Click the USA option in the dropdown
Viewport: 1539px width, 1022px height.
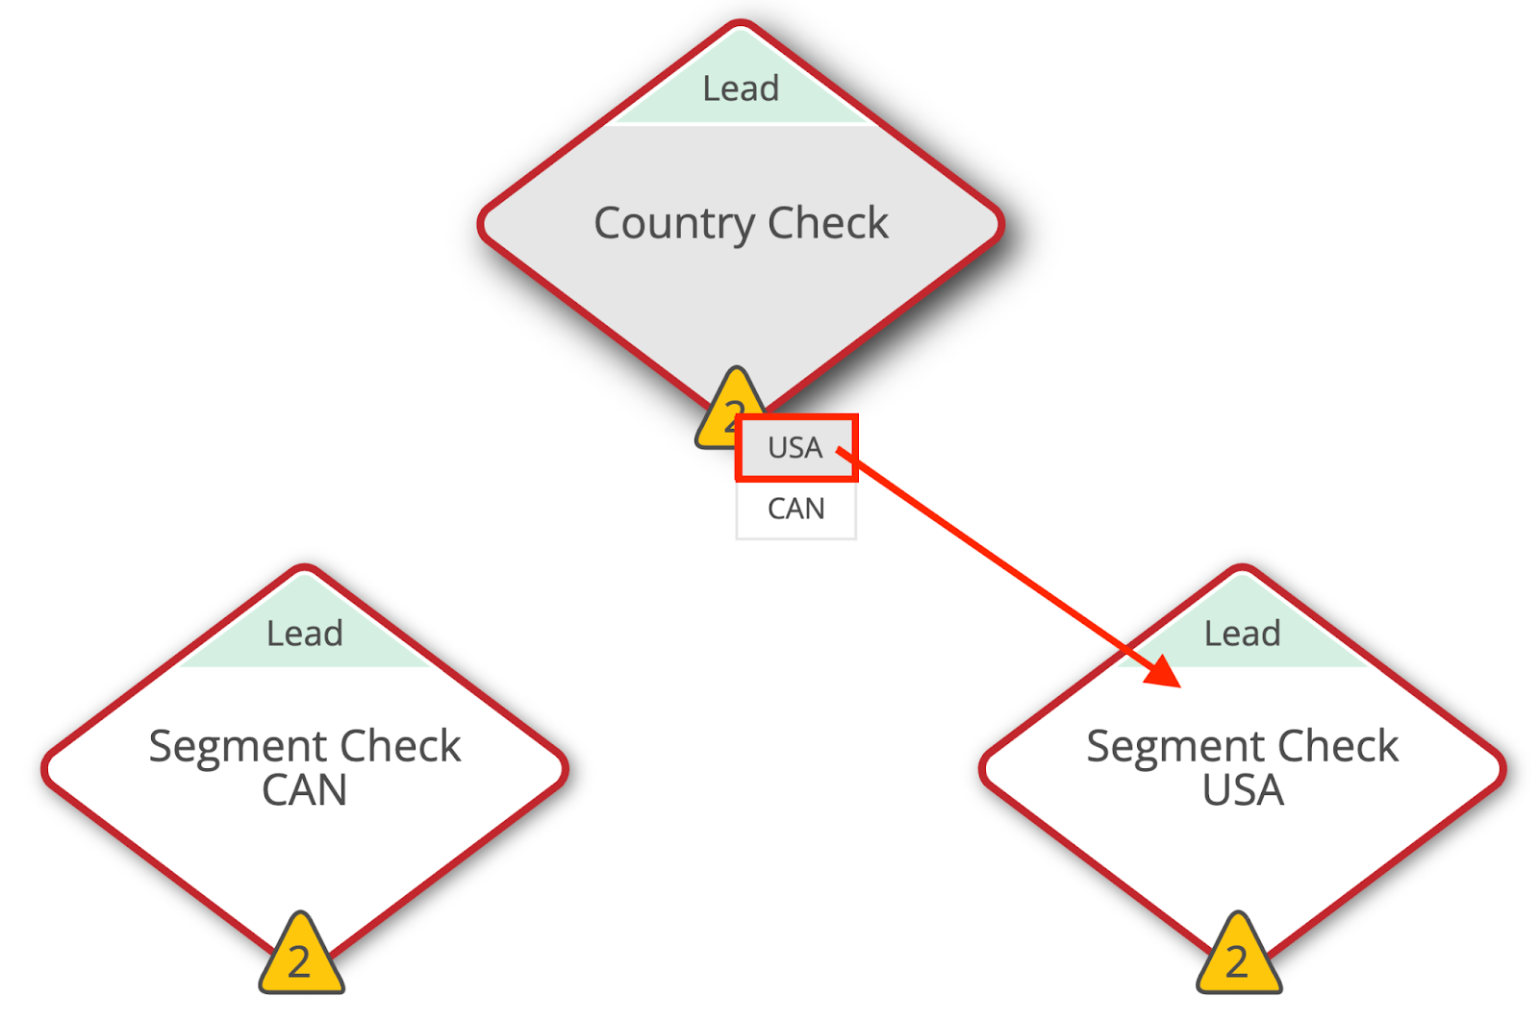[x=795, y=448]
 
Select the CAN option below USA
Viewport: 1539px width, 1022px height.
[x=795, y=509]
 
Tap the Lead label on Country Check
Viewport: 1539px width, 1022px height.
[x=740, y=88]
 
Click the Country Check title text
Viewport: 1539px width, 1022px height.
[x=741, y=223]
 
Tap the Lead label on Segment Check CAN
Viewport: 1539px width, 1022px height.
[x=305, y=634]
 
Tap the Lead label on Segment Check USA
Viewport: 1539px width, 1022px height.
[x=1242, y=634]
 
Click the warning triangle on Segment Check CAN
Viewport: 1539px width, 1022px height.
[x=301, y=958]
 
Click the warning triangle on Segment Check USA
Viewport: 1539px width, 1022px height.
[x=1238, y=958]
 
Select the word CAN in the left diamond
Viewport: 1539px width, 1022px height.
[x=304, y=790]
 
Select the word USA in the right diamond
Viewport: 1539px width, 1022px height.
[x=1243, y=790]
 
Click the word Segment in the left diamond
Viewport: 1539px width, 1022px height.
[x=238, y=747]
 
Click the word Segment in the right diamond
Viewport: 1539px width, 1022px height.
[x=1175, y=747]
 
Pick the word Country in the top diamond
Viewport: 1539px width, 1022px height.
[x=674, y=224]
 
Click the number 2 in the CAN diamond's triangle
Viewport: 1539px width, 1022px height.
[x=300, y=962]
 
